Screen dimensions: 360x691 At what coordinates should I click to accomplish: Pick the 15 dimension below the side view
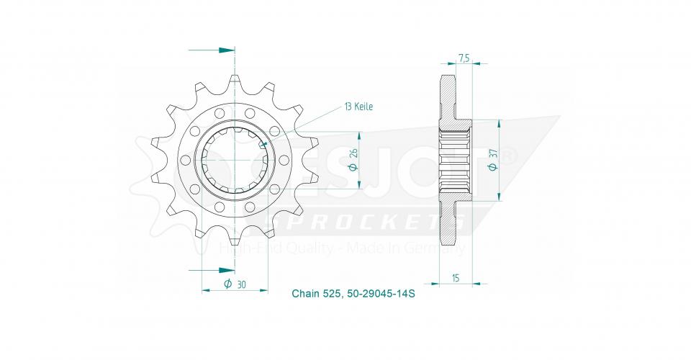pos(456,277)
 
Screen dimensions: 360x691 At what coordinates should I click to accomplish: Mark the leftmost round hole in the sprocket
pos(184,160)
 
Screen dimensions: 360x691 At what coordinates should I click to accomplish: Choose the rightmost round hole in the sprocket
pos(284,160)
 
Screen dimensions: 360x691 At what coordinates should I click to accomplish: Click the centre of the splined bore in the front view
pos(235,160)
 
